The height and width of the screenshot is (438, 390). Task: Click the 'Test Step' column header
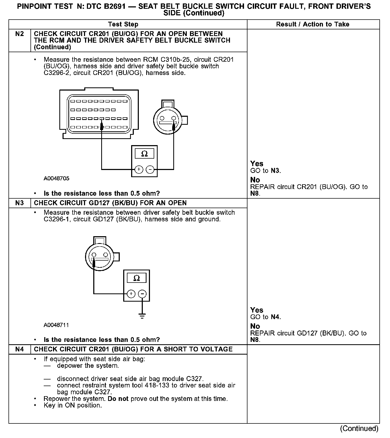point(123,24)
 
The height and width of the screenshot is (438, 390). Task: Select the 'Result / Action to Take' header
point(313,24)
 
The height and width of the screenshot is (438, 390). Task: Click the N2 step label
point(20,34)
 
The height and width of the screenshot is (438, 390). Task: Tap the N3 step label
point(20,203)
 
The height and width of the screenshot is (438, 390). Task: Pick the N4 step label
point(20,349)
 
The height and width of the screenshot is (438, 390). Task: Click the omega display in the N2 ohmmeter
point(144,154)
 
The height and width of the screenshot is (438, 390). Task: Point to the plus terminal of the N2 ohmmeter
point(139,169)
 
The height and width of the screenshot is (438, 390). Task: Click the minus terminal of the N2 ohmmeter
point(150,169)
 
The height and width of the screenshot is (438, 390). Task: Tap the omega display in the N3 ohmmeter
point(136,278)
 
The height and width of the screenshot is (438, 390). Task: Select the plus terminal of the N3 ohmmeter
point(131,294)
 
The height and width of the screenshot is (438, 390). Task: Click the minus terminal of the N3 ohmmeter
point(142,294)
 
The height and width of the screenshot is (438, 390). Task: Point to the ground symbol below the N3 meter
point(142,316)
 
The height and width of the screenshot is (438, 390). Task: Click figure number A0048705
point(56,178)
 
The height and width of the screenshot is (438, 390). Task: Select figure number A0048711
point(56,325)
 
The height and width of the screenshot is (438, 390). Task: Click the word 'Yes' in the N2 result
point(257,164)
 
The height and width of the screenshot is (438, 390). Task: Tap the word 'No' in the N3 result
point(255,326)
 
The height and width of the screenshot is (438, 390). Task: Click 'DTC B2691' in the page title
point(105,6)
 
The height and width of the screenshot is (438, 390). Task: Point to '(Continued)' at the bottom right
point(359,428)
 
